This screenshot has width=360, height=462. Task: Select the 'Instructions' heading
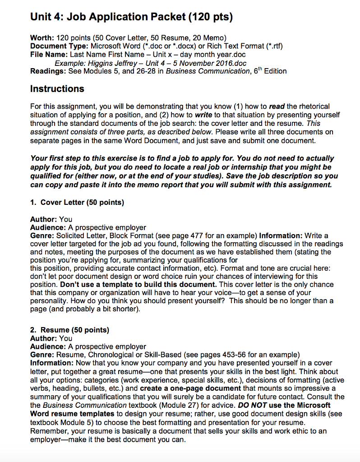[x=57, y=88]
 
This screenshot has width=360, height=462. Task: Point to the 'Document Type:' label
[x=60, y=46]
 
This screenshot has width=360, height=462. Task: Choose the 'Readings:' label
[x=47, y=71]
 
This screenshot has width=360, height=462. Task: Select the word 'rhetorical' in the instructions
[x=313, y=106]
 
